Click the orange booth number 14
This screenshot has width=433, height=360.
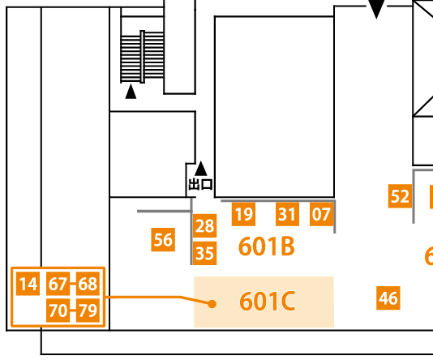coord(28,283)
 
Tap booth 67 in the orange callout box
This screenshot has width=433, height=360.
coord(58,283)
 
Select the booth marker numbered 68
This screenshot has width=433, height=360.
coord(88,283)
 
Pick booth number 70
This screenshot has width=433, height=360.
coord(58,311)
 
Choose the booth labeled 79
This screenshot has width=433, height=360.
coord(88,311)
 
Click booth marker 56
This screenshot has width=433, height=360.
coord(163,240)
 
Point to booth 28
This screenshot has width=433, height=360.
coord(204,225)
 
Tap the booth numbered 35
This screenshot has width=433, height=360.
coord(204,253)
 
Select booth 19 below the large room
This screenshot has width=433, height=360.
coord(243,214)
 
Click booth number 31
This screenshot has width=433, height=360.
coord(288,214)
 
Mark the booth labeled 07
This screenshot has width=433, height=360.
coord(321,214)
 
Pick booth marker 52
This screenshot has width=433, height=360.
coord(400,196)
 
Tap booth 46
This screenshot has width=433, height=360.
coord(388,298)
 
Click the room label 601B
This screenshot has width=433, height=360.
coord(267,246)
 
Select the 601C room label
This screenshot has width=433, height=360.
coord(267,301)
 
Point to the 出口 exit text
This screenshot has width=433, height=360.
coord(201,184)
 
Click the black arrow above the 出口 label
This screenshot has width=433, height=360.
coord(201,169)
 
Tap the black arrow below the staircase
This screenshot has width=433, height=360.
coord(131,92)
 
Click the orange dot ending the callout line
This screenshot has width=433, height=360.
coord(212,304)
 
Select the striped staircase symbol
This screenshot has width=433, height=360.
coord(143,57)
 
